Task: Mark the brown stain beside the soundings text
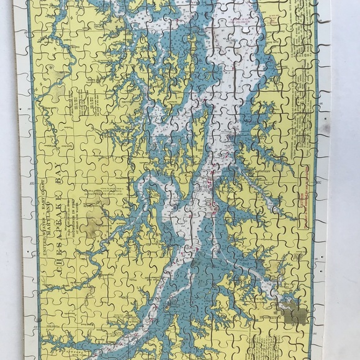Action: tap(92, 220)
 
